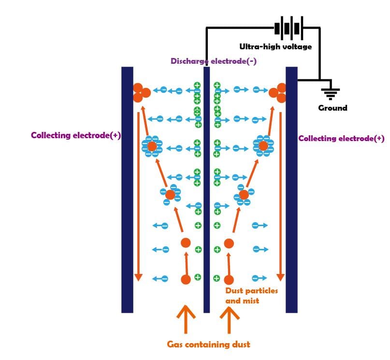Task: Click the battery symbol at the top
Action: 289,28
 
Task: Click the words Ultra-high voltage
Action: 275,46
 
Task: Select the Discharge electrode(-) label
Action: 214,61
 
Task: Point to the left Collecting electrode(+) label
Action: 76,135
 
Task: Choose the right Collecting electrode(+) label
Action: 341,139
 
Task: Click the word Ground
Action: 332,108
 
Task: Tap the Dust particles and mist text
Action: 251,296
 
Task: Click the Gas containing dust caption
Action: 208,345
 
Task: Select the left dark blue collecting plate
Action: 127,190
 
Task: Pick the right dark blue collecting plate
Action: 291,190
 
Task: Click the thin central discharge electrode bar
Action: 206,190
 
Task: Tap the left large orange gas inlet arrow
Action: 186,319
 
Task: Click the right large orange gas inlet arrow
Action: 230,320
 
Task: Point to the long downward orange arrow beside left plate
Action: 138,196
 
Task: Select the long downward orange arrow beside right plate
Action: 281,196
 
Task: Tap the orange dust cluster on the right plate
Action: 277,93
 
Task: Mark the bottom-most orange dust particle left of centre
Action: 186,279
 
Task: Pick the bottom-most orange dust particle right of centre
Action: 229,280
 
